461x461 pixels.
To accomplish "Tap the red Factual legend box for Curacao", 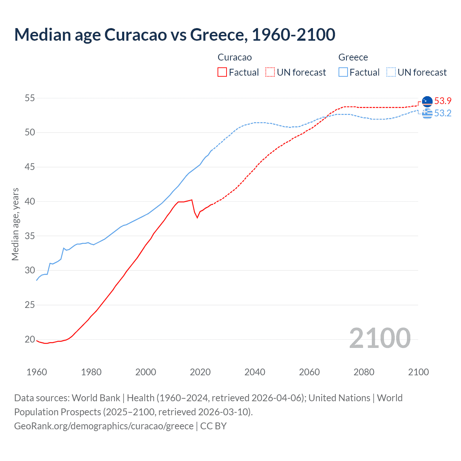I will point(222,72).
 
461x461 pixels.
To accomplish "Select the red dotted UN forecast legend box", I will point(270,72).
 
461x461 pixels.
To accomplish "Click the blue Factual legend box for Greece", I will point(343,72).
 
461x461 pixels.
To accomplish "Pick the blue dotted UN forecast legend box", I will point(391,72).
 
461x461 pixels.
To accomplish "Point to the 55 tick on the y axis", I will point(30,98).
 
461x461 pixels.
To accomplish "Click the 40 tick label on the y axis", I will point(30,201).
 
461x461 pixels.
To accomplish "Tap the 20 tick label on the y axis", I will point(30,339).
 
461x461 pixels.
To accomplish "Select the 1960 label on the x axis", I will point(37,372).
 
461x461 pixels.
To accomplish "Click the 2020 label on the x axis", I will point(200,372).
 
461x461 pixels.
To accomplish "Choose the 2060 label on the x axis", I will point(309,372).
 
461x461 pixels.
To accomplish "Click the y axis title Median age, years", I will point(15,224).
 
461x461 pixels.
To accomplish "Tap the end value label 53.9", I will point(443,101).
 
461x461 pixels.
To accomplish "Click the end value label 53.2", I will point(443,113).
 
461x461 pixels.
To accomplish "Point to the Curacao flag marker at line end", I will point(427,102).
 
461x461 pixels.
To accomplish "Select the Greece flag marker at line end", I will point(427,113).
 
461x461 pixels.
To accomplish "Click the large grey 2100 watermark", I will point(380,338).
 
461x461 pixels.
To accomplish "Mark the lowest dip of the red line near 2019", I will point(197,218).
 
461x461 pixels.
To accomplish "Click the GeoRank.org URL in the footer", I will point(104,426).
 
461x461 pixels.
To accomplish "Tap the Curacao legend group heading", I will point(235,57).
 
